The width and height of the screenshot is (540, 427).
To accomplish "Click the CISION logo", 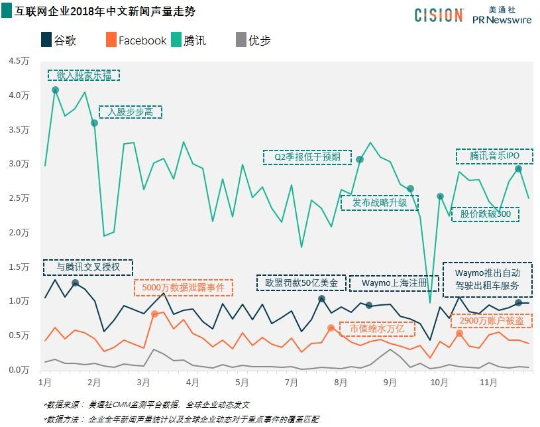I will click(439, 15).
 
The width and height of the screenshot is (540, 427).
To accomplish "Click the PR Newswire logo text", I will click(502, 21).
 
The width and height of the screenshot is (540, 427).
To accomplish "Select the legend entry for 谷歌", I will click(60, 40).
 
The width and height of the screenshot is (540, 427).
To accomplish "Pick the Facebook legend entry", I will click(136, 40).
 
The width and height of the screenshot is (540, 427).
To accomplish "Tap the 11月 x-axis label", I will click(488, 383).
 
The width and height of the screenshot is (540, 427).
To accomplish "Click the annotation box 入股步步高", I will click(130, 112).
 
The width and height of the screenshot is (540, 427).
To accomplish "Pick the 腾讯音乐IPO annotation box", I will click(494, 156).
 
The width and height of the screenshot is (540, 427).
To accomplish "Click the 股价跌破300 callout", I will click(485, 214).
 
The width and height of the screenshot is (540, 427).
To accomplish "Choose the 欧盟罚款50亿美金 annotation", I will click(301, 282).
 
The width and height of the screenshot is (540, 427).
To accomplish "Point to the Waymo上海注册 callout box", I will click(393, 282).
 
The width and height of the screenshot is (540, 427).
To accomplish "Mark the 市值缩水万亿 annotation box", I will click(377, 328).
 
